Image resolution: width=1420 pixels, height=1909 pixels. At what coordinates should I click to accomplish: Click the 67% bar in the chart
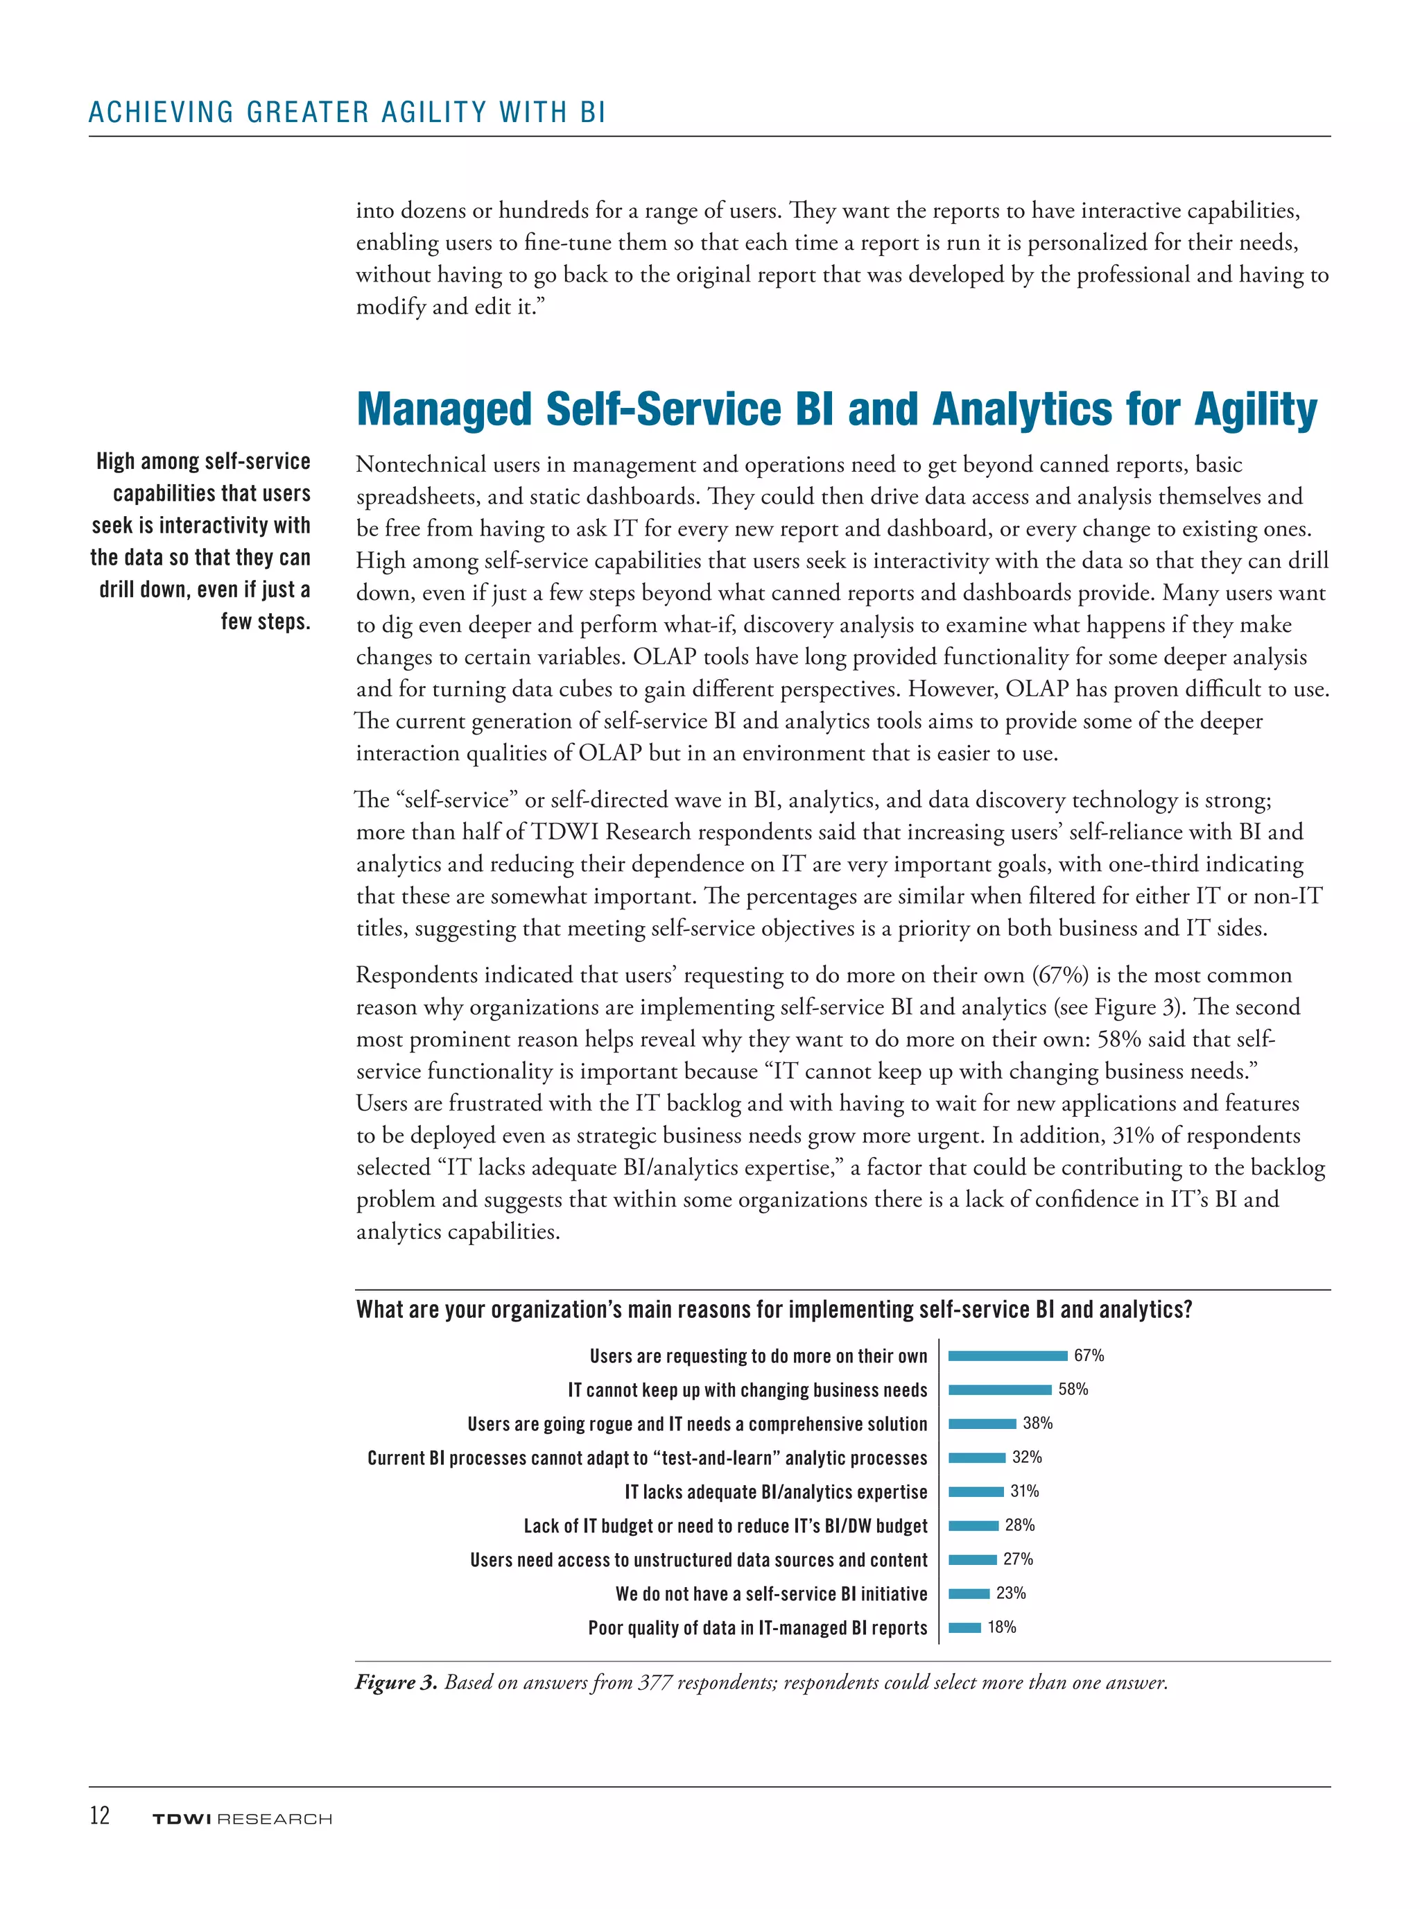click(x=1007, y=1356)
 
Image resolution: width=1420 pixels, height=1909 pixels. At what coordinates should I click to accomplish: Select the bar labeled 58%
click(x=1000, y=1389)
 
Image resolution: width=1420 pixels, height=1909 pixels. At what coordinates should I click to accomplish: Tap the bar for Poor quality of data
click(x=964, y=1627)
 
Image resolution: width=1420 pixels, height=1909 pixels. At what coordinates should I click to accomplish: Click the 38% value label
click(x=1037, y=1423)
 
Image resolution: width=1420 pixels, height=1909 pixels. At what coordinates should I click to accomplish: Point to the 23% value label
click(x=1011, y=1593)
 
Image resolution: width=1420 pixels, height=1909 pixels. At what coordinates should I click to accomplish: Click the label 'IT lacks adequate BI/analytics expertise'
click(x=776, y=1492)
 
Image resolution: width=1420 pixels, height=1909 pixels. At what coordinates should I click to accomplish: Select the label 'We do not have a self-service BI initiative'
click(x=771, y=1594)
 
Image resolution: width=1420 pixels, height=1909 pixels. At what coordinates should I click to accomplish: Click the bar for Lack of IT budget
click(x=973, y=1525)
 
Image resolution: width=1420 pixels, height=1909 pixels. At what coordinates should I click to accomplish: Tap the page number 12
click(x=100, y=1815)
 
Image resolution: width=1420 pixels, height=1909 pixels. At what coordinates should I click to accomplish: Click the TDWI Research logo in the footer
click(x=241, y=1819)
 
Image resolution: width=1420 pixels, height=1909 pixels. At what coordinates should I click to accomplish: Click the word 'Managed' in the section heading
click(x=444, y=409)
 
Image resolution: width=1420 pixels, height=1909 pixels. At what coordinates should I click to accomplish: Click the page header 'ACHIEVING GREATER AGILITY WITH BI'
click(x=347, y=112)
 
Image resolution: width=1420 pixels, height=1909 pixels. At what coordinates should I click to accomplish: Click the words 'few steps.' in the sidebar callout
click(x=266, y=622)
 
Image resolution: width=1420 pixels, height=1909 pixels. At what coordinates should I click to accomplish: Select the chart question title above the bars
click(x=774, y=1310)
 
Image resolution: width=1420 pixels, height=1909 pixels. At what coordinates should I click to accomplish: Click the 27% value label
click(x=1018, y=1559)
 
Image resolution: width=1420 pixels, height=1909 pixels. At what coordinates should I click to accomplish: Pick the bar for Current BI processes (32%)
click(x=976, y=1457)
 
